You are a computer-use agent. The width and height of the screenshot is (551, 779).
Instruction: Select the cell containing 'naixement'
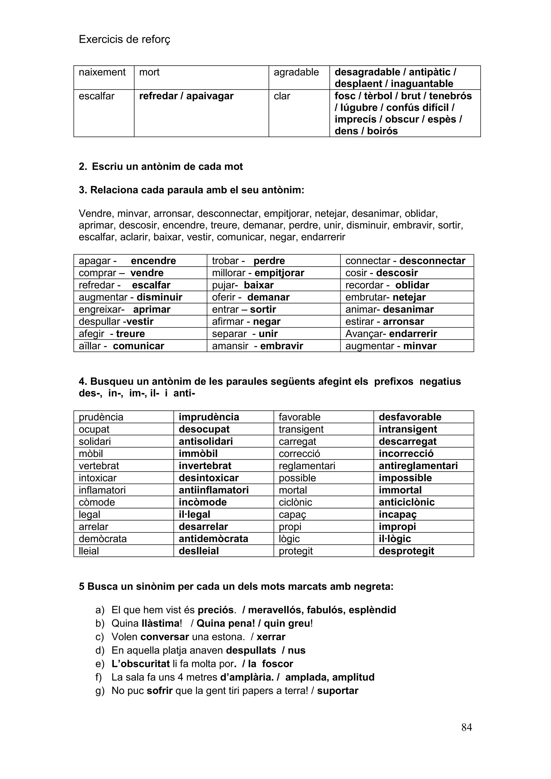tap(102, 72)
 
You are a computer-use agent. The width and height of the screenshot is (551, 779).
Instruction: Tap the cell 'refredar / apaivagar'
tap(186, 96)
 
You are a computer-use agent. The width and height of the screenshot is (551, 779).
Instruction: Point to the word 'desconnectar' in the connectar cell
tap(432, 261)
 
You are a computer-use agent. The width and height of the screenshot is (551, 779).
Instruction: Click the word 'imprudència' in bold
tap(209, 417)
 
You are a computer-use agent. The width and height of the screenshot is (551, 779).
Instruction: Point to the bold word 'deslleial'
tap(199, 551)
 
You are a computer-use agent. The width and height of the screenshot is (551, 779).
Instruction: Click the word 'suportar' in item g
tap(338, 691)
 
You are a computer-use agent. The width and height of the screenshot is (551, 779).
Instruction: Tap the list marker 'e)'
tap(100, 664)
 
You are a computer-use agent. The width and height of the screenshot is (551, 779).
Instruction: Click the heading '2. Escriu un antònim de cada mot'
tap(161, 167)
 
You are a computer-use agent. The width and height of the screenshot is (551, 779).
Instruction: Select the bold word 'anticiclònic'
tap(407, 502)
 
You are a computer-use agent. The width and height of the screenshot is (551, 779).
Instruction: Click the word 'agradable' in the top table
tap(296, 72)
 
